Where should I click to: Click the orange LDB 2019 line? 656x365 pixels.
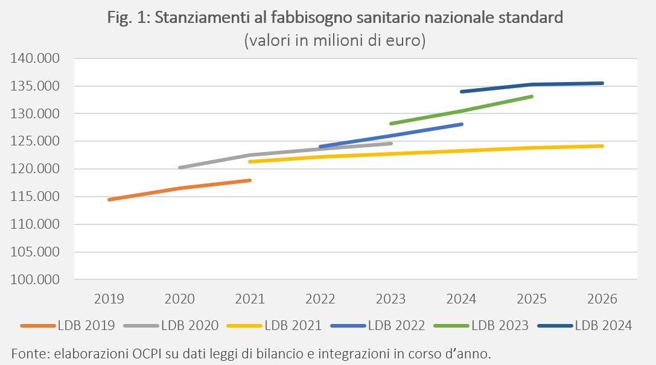(x=180, y=189)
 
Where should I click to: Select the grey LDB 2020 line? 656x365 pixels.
(x=250, y=155)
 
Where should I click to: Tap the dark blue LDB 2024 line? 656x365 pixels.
(x=532, y=84)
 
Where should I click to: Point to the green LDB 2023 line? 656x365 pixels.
(x=461, y=111)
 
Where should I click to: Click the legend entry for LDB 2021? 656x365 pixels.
(x=274, y=325)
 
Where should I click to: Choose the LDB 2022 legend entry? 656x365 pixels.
(x=377, y=325)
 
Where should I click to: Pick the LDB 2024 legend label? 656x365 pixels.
(x=603, y=325)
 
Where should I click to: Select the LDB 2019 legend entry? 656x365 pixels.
(x=68, y=325)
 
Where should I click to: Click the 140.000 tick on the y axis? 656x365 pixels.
(x=35, y=58)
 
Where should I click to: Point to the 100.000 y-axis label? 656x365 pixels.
(x=35, y=279)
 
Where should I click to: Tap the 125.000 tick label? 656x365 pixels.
(x=35, y=141)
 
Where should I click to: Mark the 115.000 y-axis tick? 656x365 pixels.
(x=35, y=197)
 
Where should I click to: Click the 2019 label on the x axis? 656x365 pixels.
(x=109, y=299)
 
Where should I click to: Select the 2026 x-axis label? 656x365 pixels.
(x=602, y=299)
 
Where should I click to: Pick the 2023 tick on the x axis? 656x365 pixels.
(x=390, y=299)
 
